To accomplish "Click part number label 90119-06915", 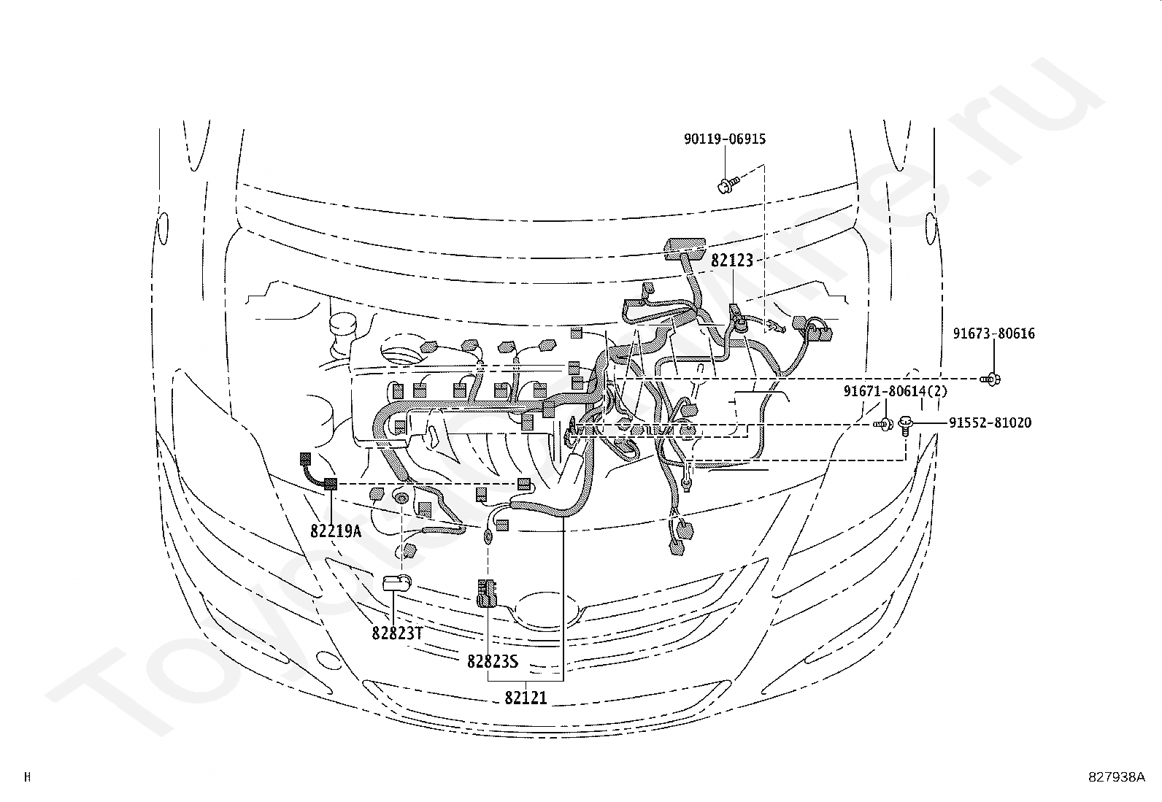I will point(725,139).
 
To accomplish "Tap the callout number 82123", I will point(731,261).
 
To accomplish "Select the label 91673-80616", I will point(993,333).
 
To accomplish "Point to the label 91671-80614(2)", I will point(896,391).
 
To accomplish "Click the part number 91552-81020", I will point(990,423).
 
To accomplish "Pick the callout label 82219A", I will point(336,531).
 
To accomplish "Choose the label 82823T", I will point(397,633).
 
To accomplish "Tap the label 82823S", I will point(493,661).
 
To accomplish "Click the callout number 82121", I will point(526,698).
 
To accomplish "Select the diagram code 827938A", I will point(1116,776).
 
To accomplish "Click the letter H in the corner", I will point(27,776).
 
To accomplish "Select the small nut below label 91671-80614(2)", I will point(884,423).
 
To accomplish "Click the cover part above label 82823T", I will point(397,582).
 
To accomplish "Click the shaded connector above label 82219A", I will point(331,483).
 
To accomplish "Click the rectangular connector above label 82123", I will point(684,248).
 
